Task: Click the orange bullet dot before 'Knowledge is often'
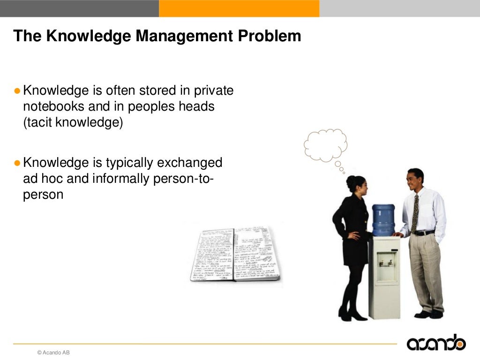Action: [17, 90]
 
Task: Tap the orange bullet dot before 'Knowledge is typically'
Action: [17, 163]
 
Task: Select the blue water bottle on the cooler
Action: [383, 219]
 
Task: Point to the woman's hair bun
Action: [349, 181]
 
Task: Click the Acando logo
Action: [436, 343]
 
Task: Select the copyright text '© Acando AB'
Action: [53, 352]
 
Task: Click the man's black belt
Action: [424, 233]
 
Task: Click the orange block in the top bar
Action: [239, 8]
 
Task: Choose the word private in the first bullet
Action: [213, 90]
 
